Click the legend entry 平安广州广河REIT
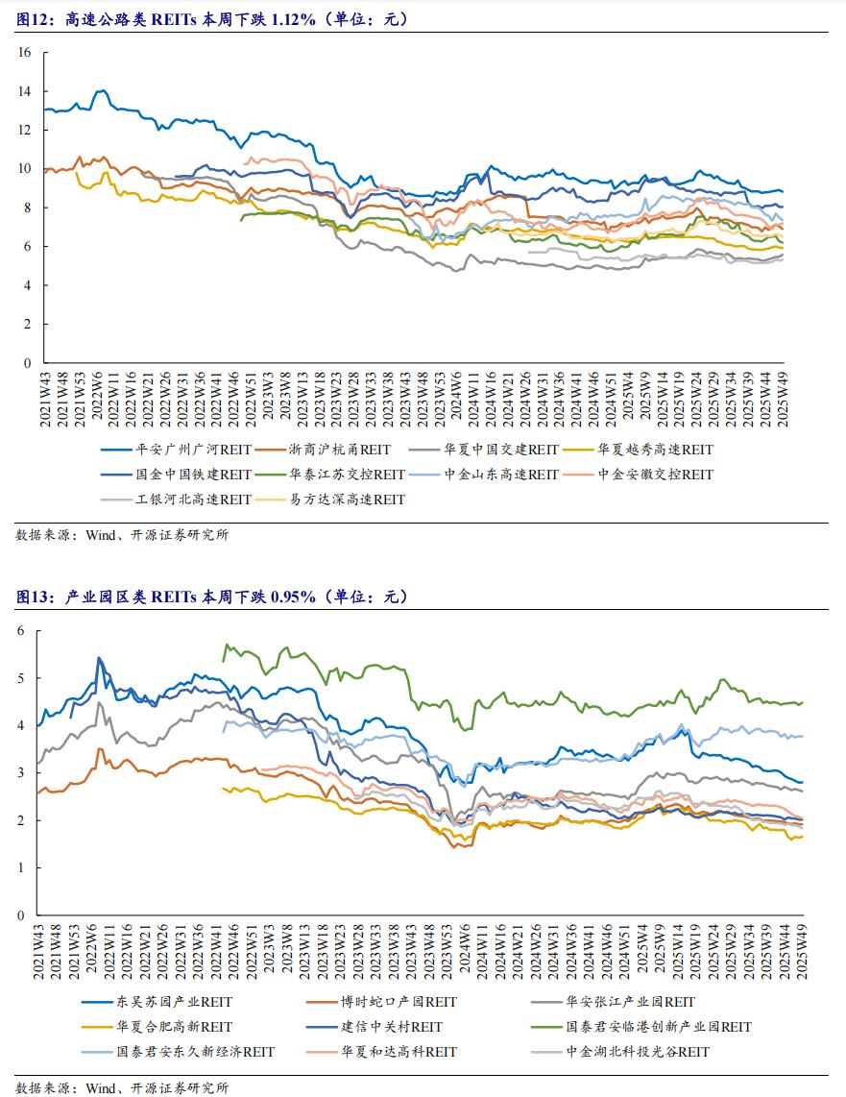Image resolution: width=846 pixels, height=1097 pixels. pos(176,450)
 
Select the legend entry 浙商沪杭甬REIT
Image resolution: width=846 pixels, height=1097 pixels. pos(323,450)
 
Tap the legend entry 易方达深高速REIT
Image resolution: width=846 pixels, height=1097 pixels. pos(330,500)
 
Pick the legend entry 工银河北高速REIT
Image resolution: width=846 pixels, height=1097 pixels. pos(176,500)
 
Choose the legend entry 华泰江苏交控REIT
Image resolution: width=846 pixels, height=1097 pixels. pos(330,475)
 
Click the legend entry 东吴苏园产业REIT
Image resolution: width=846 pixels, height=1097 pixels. pos(157,1002)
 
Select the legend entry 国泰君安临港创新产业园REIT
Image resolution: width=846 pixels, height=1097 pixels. pos(641,1027)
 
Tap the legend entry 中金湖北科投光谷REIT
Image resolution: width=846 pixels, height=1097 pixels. pos(620,1052)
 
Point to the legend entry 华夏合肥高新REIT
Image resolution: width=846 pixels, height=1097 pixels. pos(157,1027)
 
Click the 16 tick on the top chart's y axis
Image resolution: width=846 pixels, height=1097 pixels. pos(25,53)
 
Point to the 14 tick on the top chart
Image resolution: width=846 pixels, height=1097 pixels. pos(25,91)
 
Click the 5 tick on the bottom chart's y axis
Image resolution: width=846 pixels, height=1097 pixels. pos(21,678)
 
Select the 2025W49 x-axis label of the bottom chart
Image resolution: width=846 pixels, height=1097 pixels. pos(802,952)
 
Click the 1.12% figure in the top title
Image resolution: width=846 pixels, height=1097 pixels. pos(293,19)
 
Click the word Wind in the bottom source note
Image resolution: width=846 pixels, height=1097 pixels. pos(100,1088)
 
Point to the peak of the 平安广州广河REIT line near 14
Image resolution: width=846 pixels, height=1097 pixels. pos(103,90)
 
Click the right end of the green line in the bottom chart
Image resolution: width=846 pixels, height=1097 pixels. pos(803,702)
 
